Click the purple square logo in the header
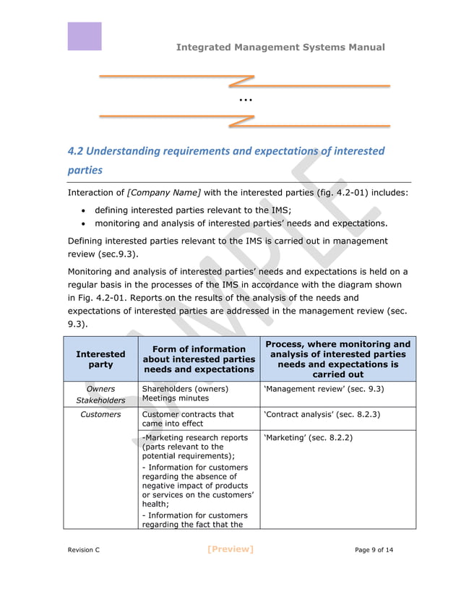click(85, 36)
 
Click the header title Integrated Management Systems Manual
click(280, 47)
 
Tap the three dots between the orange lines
click(245, 100)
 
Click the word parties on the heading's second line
click(85, 171)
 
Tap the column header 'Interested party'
click(100, 359)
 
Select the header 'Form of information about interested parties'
click(199, 359)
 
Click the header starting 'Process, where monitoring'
click(337, 359)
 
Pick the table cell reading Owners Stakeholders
click(100, 395)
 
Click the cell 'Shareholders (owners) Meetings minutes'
click(185, 393)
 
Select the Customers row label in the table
click(100, 415)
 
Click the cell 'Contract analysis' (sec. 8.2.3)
click(322, 415)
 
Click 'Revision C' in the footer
click(84, 550)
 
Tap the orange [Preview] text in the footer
click(230, 549)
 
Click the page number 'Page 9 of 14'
click(374, 550)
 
